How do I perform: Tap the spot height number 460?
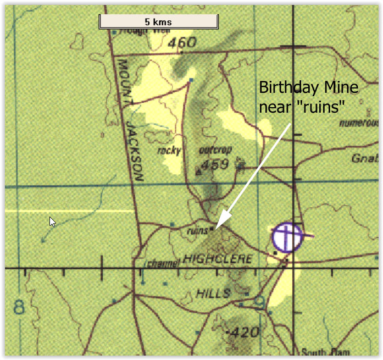pos(182,42)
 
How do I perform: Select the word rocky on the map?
pos(169,149)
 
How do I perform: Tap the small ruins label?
pos(197,231)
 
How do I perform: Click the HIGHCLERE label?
pos(218,258)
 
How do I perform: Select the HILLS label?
pos(213,293)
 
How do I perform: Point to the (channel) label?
pos(162,263)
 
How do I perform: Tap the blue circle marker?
pos(287,237)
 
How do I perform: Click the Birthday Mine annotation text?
pos(309,97)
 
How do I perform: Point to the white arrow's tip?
pos(216,228)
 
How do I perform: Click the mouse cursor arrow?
pos(52,221)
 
